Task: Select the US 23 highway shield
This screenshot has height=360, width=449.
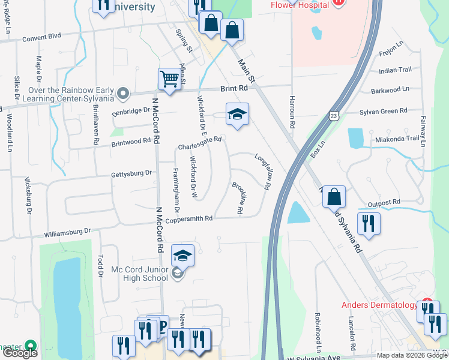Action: click(x=334, y=114)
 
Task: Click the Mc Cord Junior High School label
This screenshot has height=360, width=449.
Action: click(x=139, y=274)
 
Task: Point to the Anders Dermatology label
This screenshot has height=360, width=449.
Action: click(x=379, y=305)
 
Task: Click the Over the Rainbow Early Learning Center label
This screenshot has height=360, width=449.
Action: click(x=71, y=94)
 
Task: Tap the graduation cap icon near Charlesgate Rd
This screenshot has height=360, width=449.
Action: click(x=237, y=115)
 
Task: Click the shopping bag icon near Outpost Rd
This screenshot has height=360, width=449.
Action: click(x=334, y=196)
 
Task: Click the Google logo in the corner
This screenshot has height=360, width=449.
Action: click(x=20, y=353)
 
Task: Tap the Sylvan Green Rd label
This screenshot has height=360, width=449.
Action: click(x=383, y=111)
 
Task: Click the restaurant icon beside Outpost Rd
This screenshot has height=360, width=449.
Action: click(x=368, y=223)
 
